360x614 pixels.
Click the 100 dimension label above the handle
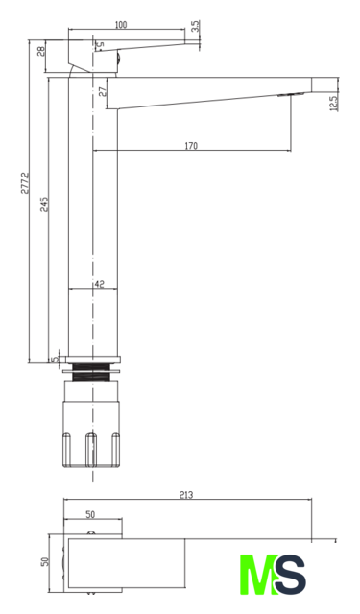(121, 25)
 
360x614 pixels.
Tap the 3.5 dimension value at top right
(196, 26)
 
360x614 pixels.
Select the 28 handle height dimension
(41, 51)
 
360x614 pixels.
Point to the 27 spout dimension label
(103, 92)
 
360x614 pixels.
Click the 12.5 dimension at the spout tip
(333, 104)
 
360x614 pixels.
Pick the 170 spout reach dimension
(191, 146)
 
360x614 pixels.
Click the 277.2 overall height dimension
(25, 183)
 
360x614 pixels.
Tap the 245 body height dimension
(44, 204)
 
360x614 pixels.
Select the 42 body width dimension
(100, 284)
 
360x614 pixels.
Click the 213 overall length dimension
(186, 495)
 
